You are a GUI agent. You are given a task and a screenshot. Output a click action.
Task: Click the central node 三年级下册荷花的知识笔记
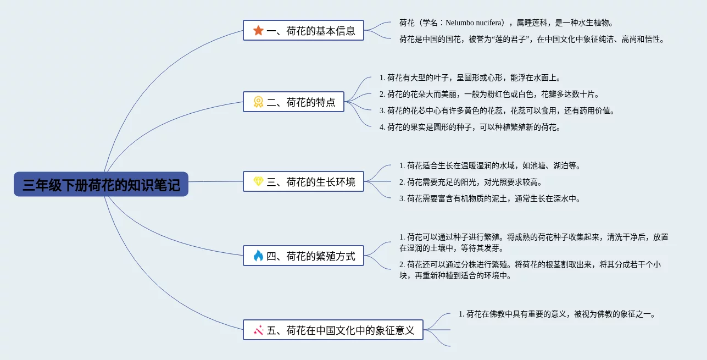[x=101, y=184]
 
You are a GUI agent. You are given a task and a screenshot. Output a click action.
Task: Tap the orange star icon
[x=258, y=30]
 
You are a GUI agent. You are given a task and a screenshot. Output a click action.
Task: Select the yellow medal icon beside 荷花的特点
[x=258, y=102]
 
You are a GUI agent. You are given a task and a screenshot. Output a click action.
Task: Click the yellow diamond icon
[x=258, y=181]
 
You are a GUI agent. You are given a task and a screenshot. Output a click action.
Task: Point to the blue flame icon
[x=258, y=256]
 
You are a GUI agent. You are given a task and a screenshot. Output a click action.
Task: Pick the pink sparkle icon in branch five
[x=258, y=330]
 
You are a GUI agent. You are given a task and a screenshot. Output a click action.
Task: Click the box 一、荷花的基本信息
[x=303, y=30]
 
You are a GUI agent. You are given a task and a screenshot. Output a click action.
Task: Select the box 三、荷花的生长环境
[x=303, y=181]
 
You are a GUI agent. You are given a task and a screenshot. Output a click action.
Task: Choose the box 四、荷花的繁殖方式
[x=303, y=256]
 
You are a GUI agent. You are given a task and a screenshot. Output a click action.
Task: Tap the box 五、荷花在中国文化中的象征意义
[x=333, y=330]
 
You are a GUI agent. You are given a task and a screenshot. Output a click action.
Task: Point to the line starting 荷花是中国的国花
[x=532, y=39]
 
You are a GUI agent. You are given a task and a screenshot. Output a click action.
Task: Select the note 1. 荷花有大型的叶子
[x=470, y=77]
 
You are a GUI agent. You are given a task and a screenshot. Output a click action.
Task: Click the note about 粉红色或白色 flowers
[x=489, y=94]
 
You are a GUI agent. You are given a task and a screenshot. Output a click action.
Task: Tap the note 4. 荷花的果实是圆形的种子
[x=470, y=128]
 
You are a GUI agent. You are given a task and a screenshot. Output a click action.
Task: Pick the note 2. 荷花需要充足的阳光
[x=471, y=182]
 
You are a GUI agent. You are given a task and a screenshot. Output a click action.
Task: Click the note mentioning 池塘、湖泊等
[x=490, y=166]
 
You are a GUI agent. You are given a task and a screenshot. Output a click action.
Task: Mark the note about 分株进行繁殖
[x=530, y=270]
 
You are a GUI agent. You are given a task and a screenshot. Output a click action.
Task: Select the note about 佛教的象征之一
[x=558, y=314]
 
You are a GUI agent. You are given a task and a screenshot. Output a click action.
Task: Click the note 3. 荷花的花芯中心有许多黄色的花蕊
[x=497, y=111]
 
